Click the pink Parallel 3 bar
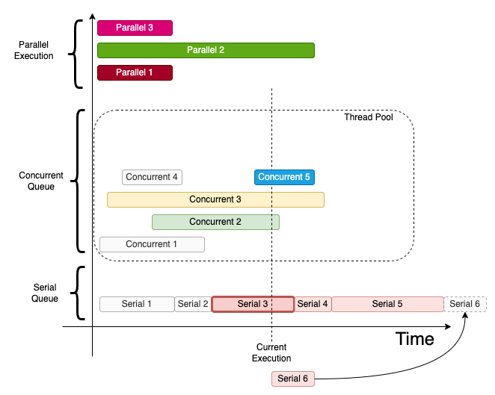click(135, 28)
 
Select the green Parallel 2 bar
click(206, 50)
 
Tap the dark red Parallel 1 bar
click(135, 72)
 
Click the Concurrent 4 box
click(152, 177)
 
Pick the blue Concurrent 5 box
click(284, 177)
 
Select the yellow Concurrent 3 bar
click(215, 199)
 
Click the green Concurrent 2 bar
click(215, 222)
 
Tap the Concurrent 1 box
click(152, 244)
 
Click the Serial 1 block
click(137, 304)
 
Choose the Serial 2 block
click(193, 304)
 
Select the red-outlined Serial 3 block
click(253, 304)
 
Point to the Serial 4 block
click(313, 304)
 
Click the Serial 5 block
click(387, 304)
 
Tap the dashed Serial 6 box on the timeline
click(465, 304)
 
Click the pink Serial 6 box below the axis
click(293, 379)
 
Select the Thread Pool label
click(369, 117)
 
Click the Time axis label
click(414, 339)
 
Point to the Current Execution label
click(271, 352)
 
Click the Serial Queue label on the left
click(46, 293)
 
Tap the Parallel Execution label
click(34, 51)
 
